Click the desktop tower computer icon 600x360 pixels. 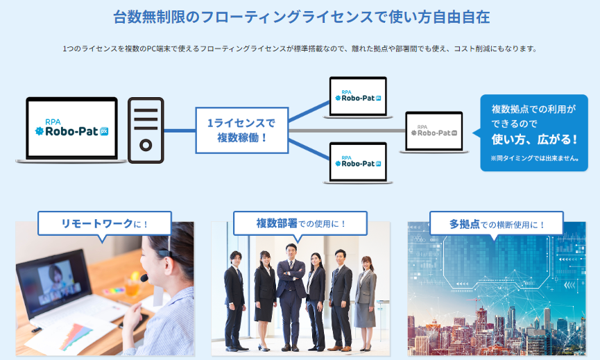(x=146, y=130)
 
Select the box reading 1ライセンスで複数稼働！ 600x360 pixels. (x=241, y=130)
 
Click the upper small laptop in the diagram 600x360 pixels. (x=358, y=97)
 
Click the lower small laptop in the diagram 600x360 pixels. (x=358, y=162)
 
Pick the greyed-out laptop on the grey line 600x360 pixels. (x=434, y=132)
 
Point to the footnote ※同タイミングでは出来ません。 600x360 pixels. (x=534, y=159)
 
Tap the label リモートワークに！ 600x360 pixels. (x=105, y=223)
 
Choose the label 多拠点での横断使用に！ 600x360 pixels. (x=497, y=223)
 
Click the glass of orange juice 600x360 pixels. (x=132, y=284)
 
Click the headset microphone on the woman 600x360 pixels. (x=144, y=277)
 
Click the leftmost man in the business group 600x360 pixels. (x=234, y=298)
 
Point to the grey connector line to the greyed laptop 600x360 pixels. (x=347, y=130)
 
